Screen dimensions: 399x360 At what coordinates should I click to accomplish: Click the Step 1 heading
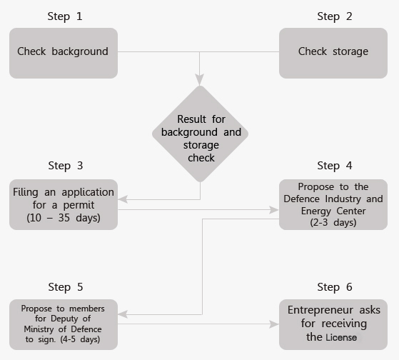(65, 16)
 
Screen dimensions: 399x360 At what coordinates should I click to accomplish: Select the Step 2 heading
(335, 16)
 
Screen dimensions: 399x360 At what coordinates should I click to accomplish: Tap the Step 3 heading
(66, 166)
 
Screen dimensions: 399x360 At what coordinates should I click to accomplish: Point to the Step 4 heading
(335, 166)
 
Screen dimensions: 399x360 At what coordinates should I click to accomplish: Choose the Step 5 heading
(66, 287)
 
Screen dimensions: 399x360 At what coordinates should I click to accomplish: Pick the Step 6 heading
(335, 287)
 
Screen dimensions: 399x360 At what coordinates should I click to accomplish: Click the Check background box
(64, 53)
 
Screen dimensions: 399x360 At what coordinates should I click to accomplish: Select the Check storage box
(333, 53)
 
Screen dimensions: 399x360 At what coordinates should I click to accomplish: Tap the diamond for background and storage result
(201, 134)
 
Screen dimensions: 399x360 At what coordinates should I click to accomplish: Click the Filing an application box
(64, 204)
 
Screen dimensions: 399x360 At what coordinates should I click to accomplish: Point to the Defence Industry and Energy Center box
(333, 204)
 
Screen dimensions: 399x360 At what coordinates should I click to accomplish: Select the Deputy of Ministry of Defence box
(64, 324)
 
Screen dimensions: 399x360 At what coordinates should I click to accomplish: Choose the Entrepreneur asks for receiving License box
(333, 324)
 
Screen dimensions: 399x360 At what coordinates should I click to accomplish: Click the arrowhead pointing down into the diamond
(200, 80)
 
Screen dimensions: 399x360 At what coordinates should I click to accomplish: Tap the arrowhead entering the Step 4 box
(274, 210)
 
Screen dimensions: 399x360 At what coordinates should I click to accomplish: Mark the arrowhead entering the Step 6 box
(274, 324)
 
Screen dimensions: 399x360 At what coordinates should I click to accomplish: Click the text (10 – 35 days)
(64, 218)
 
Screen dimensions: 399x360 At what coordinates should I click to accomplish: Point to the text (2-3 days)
(333, 223)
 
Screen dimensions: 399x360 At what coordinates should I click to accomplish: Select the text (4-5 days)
(80, 339)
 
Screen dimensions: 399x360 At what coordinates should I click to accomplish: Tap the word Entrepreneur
(320, 310)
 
